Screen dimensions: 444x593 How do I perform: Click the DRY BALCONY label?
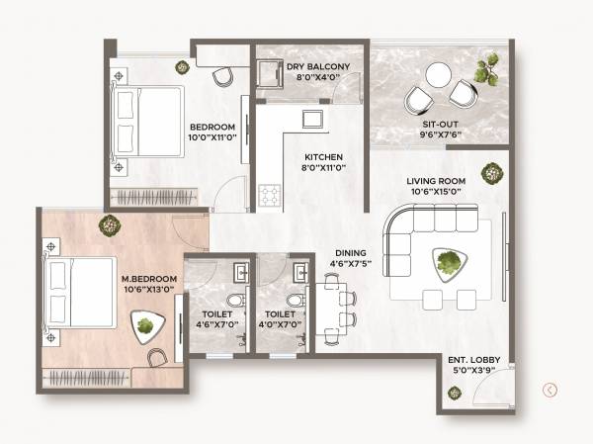coord(311,67)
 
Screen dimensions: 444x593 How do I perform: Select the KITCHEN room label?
coord(323,158)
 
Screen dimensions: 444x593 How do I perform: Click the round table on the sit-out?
coord(437,74)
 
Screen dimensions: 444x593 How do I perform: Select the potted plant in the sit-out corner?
coord(486,71)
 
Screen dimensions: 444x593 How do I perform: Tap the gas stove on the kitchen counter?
coord(268,195)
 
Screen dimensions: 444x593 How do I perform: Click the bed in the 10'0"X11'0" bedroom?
coord(148,122)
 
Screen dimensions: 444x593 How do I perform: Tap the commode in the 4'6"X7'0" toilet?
coord(233,301)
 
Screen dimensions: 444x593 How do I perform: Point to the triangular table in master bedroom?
coord(146,324)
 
